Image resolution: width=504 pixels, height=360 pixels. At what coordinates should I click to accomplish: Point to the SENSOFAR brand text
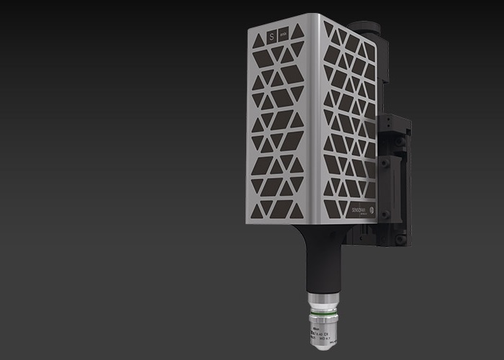click(x=359, y=206)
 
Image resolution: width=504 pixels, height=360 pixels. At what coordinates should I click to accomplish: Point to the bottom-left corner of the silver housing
click(x=248, y=221)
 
